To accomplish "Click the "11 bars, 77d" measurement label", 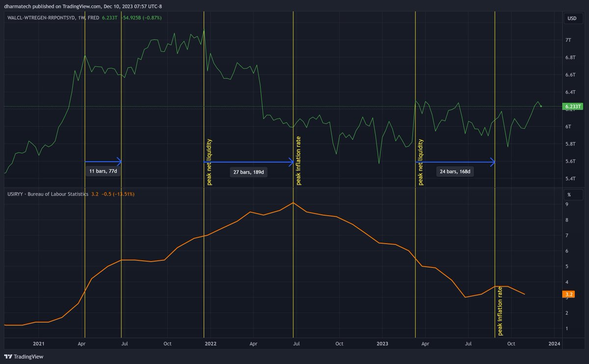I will click(x=103, y=171).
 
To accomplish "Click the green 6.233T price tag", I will click(x=573, y=106).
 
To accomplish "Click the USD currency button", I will click(x=572, y=19).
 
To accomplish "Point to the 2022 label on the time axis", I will click(x=211, y=343).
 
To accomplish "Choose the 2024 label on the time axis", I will click(x=555, y=343).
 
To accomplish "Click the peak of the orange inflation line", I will click(x=293, y=203).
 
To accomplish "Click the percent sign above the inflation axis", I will click(x=569, y=194).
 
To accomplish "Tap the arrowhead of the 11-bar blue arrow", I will click(x=119, y=161).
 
